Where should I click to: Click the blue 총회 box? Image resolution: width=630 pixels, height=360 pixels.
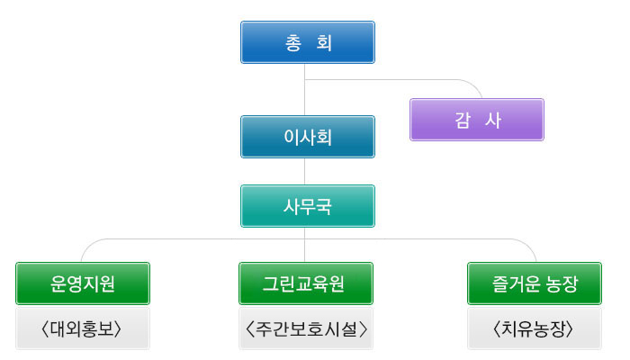[308, 42]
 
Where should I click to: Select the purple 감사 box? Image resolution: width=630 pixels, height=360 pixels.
[477, 120]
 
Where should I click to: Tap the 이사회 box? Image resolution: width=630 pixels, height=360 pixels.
[308, 137]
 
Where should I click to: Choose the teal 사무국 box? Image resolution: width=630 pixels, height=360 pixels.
[308, 206]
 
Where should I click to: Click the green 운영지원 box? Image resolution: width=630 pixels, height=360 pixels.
[83, 283]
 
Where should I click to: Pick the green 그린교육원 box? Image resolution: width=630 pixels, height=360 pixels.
[306, 283]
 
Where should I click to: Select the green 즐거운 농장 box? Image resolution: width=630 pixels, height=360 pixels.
[535, 283]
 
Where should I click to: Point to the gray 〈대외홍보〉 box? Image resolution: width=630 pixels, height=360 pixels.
[83, 328]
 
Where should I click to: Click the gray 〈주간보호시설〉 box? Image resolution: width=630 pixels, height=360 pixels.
[306, 328]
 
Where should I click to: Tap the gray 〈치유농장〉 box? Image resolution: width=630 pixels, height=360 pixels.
[535, 328]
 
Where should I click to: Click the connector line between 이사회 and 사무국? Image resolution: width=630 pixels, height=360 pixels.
[304, 172]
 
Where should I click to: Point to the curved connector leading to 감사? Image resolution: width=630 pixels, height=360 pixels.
[401, 79]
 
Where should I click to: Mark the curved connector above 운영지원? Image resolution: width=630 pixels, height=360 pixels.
[161, 239]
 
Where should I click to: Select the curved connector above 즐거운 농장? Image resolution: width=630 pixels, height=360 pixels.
[442, 239]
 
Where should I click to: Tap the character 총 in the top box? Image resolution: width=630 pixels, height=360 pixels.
[292, 42]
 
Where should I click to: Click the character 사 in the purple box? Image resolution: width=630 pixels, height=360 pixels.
[493, 120]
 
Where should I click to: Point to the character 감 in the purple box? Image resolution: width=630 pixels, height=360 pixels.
[462, 120]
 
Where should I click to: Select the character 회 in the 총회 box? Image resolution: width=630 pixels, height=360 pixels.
[324, 42]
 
